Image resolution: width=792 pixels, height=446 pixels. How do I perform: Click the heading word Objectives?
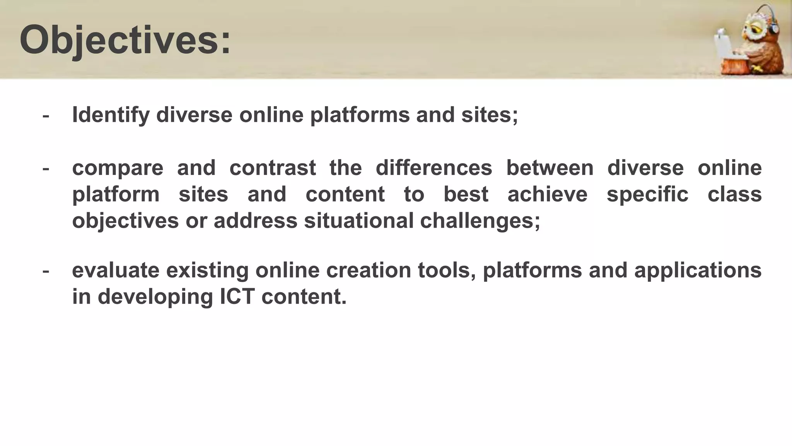[x=125, y=40]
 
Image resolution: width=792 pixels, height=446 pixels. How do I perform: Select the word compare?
[x=118, y=168]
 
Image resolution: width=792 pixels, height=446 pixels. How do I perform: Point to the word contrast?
[x=273, y=168]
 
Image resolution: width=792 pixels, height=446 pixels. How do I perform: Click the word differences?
[x=434, y=168]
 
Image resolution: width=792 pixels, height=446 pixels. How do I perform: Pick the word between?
[x=550, y=168]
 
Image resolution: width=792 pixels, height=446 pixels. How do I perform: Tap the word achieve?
[x=547, y=194]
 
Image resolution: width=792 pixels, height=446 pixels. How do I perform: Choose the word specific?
[x=647, y=194]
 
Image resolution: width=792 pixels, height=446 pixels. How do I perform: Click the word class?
[x=734, y=194]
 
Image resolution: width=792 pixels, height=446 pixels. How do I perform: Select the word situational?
[x=358, y=221]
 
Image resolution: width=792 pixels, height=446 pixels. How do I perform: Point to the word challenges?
[x=480, y=221]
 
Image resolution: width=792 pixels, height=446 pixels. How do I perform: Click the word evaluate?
[x=116, y=270]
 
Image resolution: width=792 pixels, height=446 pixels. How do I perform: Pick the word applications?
[x=698, y=270]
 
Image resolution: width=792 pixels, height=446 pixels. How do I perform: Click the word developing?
[x=155, y=297]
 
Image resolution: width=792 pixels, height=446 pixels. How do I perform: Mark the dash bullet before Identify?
[x=46, y=115]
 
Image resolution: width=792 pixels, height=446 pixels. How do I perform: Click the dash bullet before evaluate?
[x=46, y=270]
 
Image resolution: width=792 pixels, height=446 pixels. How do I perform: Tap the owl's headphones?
[x=774, y=27]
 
